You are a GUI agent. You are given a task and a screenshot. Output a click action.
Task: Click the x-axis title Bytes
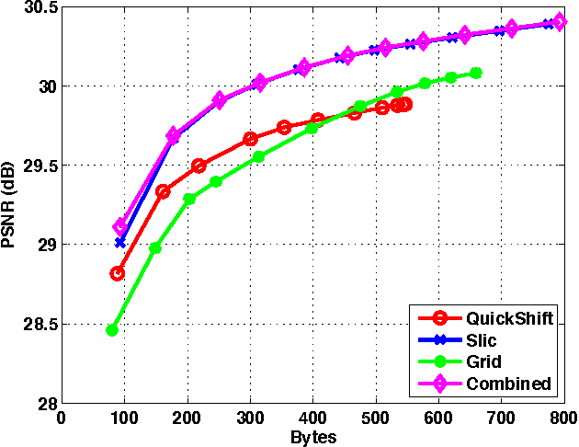pyautogui.click(x=312, y=437)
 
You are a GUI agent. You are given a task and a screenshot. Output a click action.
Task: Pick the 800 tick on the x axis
pyautogui.click(x=561, y=417)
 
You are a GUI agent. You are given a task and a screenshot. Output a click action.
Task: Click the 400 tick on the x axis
pyautogui.click(x=312, y=417)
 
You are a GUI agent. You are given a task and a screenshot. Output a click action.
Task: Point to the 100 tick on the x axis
pyautogui.click(x=124, y=417)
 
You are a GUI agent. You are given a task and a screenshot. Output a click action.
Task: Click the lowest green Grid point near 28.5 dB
pyautogui.click(x=112, y=329)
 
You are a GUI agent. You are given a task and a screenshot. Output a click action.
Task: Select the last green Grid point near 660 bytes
pyautogui.click(x=475, y=73)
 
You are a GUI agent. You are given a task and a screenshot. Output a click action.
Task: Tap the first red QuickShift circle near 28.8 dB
pyautogui.click(x=118, y=273)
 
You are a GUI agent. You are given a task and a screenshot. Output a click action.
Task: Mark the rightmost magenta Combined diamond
pyautogui.click(x=560, y=22)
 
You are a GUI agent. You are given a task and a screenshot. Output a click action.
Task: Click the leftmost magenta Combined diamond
pyautogui.click(x=120, y=226)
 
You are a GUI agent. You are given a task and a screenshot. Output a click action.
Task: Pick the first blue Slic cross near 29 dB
pyautogui.click(x=120, y=242)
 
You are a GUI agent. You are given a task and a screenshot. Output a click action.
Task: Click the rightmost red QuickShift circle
pyautogui.click(x=405, y=104)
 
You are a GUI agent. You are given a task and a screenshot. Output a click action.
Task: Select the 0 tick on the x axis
pyautogui.click(x=62, y=417)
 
